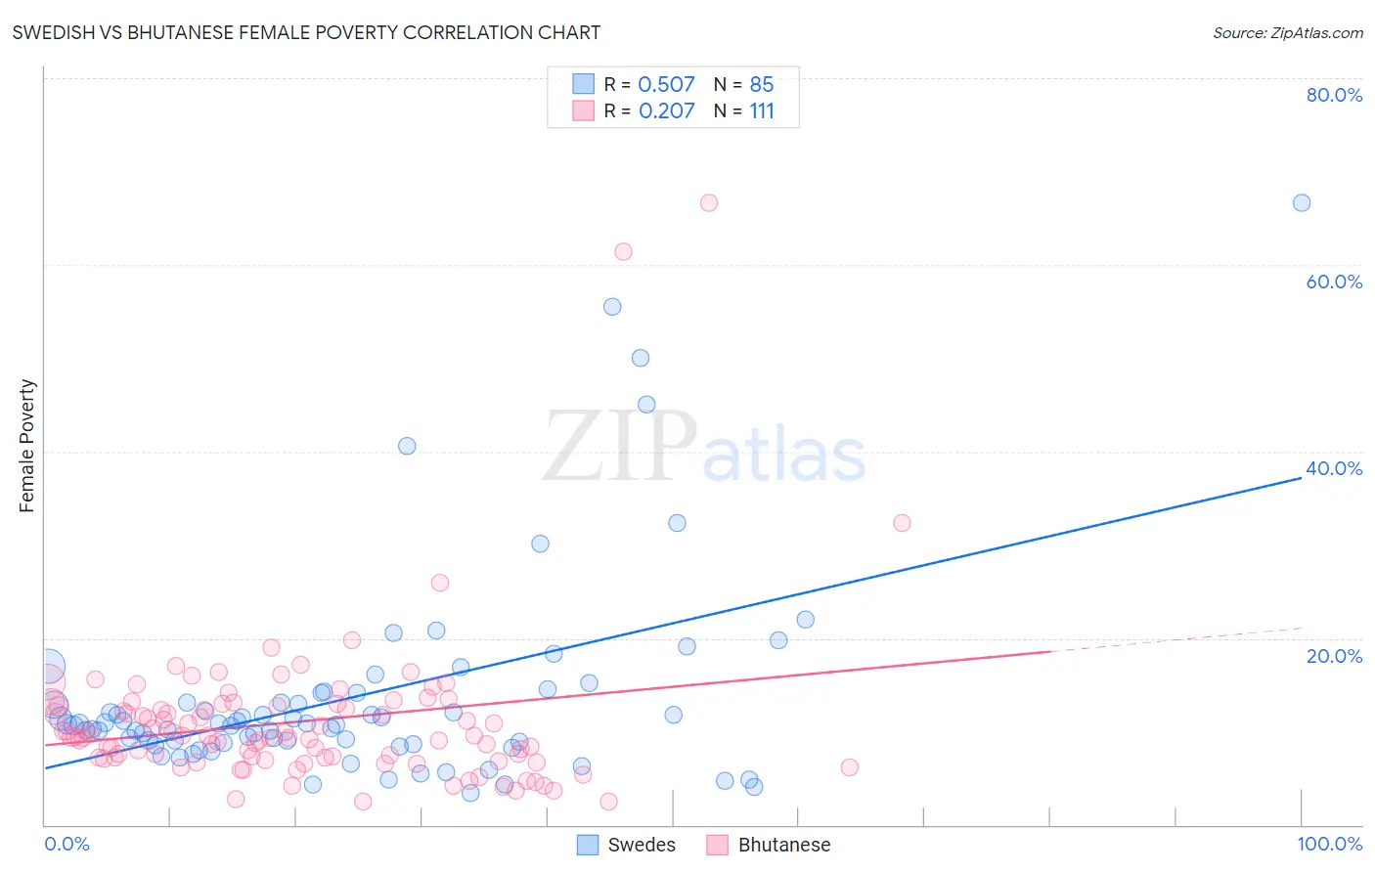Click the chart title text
coord(306,33)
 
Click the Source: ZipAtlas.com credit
coord(1287,33)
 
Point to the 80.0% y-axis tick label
coord(1334,95)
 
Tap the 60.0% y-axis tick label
coord(1334,282)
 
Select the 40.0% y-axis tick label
coord(1334,468)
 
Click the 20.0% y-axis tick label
coord(1334,656)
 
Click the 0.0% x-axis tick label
coord(67,844)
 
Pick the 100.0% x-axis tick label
coord(1329,844)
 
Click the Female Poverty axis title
coord(27,446)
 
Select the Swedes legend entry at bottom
coord(626,845)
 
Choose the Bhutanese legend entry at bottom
coord(769,845)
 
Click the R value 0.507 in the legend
coord(666,85)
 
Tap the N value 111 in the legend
coord(762,111)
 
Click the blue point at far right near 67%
coord(1302,202)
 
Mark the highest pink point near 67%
coord(709,202)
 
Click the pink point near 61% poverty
coord(623,251)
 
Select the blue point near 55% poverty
coord(612,306)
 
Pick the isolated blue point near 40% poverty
coord(407,446)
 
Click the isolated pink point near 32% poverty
coord(902,523)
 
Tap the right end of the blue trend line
coord(1301,478)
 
